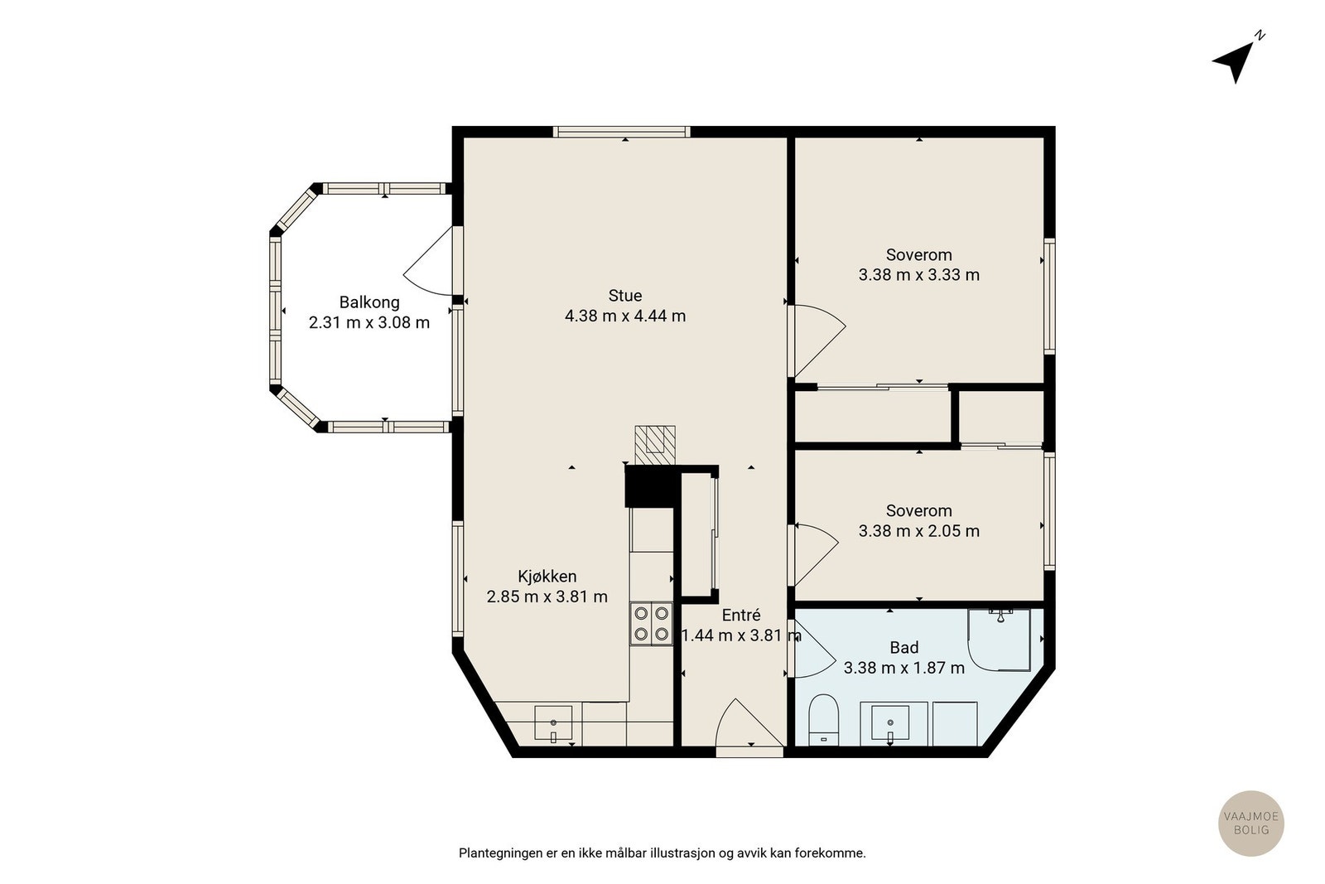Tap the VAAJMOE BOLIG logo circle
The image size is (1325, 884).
pos(1251,824)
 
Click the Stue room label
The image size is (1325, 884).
pos(625,295)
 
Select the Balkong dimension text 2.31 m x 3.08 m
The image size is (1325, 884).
pos(369,323)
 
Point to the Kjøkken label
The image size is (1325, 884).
pos(547,577)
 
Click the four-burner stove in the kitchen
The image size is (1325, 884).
pos(651,624)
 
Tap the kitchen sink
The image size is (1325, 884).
pos(553,723)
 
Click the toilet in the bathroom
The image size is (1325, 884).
pos(823,720)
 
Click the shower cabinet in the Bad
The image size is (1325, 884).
pos(999,640)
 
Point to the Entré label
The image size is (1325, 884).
pos(740,616)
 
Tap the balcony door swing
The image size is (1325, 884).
pos(427,262)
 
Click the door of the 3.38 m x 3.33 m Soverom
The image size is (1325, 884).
pos(819,341)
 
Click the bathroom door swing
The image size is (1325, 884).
pos(814,649)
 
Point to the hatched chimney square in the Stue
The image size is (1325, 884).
pos(655,445)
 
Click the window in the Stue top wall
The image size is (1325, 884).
pos(621,132)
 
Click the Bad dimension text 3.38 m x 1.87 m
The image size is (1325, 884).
pos(903,668)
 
